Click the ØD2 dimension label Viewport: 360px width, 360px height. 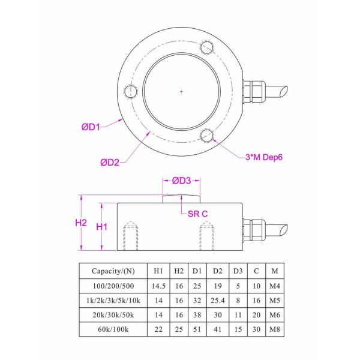click(112, 162)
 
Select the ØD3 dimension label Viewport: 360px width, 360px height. click(181, 180)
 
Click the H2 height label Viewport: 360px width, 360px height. click(82, 222)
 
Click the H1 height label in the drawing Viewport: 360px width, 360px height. click(102, 227)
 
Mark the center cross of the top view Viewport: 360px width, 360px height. click(181, 91)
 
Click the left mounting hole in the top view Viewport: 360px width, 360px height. click(131, 91)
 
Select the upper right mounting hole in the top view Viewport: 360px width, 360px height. click(207, 47)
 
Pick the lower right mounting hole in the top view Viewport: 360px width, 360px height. click(207, 135)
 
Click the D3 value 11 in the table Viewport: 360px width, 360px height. click(238, 314)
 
